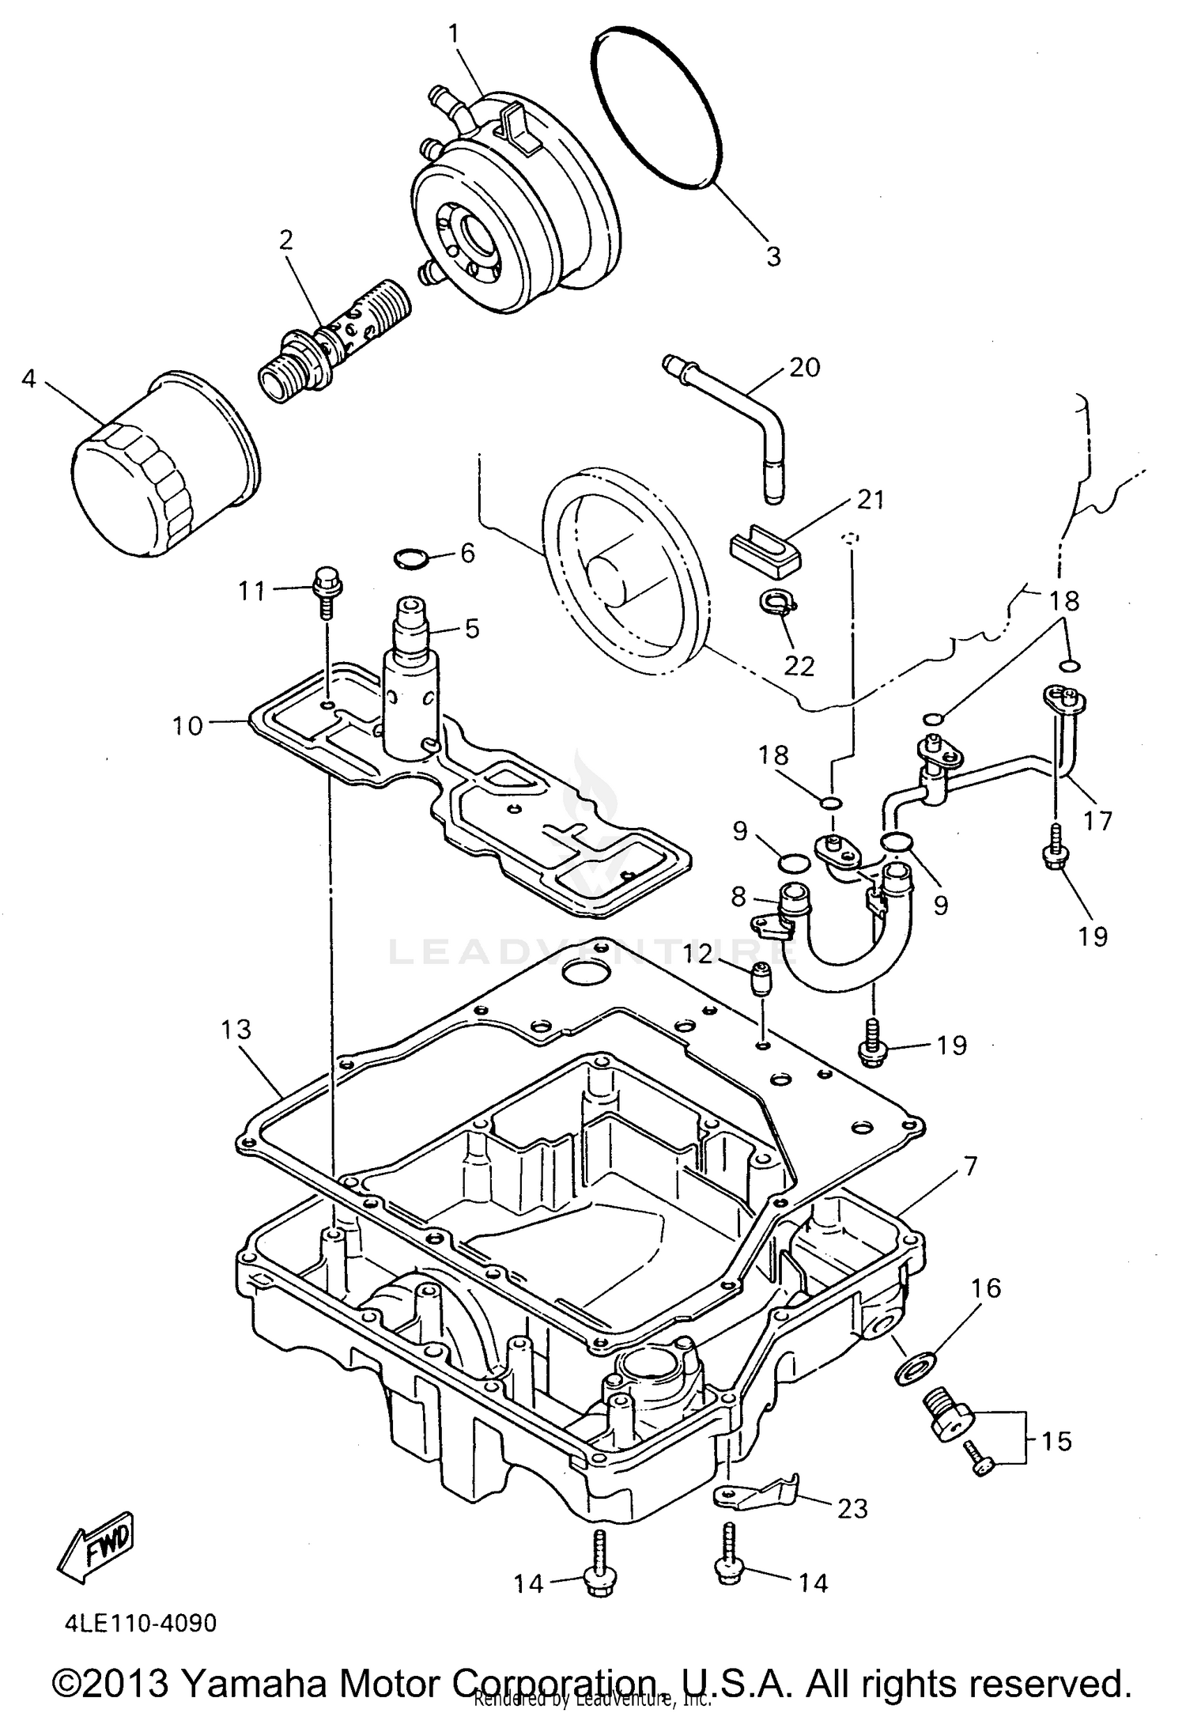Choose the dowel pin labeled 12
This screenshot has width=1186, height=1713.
click(761, 981)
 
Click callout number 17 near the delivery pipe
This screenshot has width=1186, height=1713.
click(1097, 820)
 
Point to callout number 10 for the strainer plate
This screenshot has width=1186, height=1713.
click(188, 725)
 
